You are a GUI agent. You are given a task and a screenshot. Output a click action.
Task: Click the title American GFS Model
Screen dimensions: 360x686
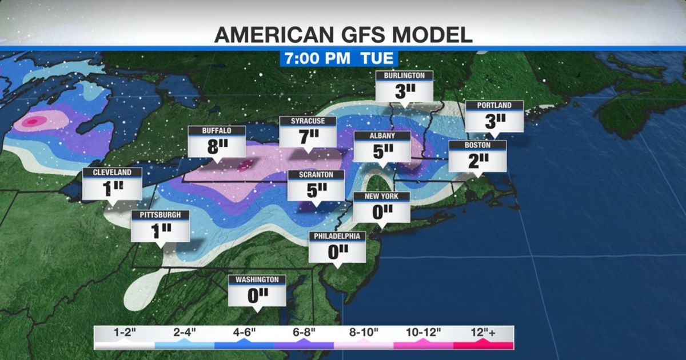pyautogui.click(x=343, y=35)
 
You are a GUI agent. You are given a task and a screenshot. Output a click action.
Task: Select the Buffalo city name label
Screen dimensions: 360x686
pyautogui.click(x=217, y=131)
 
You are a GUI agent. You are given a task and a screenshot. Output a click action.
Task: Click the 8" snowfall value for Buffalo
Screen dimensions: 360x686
pyautogui.click(x=217, y=147)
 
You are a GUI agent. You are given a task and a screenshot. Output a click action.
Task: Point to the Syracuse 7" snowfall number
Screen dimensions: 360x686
pyautogui.click(x=308, y=137)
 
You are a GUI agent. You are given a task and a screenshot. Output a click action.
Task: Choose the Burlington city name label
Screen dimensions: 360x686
pyautogui.click(x=404, y=75)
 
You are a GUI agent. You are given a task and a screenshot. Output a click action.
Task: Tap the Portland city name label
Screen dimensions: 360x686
pyautogui.click(x=494, y=105)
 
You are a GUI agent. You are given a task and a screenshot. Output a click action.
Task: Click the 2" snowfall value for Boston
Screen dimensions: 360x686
pyautogui.click(x=477, y=161)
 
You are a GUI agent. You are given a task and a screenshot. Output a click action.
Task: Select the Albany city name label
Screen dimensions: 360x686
pyautogui.click(x=382, y=136)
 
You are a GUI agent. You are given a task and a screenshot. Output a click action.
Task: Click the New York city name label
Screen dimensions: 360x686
pyautogui.click(x=382, y=197)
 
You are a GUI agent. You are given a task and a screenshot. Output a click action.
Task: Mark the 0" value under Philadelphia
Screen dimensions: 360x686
pyautogui.click(x=337, y=251)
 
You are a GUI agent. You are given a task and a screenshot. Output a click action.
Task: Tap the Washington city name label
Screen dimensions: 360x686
pyautogui.click(x=257, y=279)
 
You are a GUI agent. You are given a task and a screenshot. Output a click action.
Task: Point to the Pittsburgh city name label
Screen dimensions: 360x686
pyautogui.click(x=160, y=215)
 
